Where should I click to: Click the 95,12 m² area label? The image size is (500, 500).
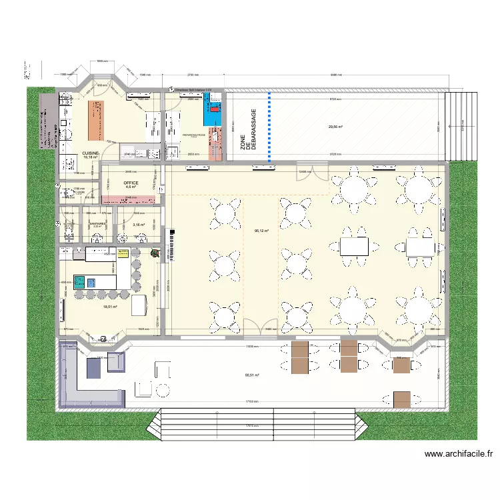click(x=261, y=231)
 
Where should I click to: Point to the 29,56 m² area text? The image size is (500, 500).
click(x=335, y=127)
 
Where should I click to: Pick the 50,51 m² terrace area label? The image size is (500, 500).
click(x=252, y=375)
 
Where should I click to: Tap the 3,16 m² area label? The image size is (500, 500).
click(x=138, y=225)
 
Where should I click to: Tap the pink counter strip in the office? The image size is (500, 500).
click(x=131, y=198)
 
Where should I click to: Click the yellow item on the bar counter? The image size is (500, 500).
click(x=123, y=252)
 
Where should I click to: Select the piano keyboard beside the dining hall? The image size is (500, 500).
click(x=176, y=245)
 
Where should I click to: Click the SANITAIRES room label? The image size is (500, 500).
click(x=99, y=224)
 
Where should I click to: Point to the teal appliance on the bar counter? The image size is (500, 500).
click(x=79, y=281)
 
